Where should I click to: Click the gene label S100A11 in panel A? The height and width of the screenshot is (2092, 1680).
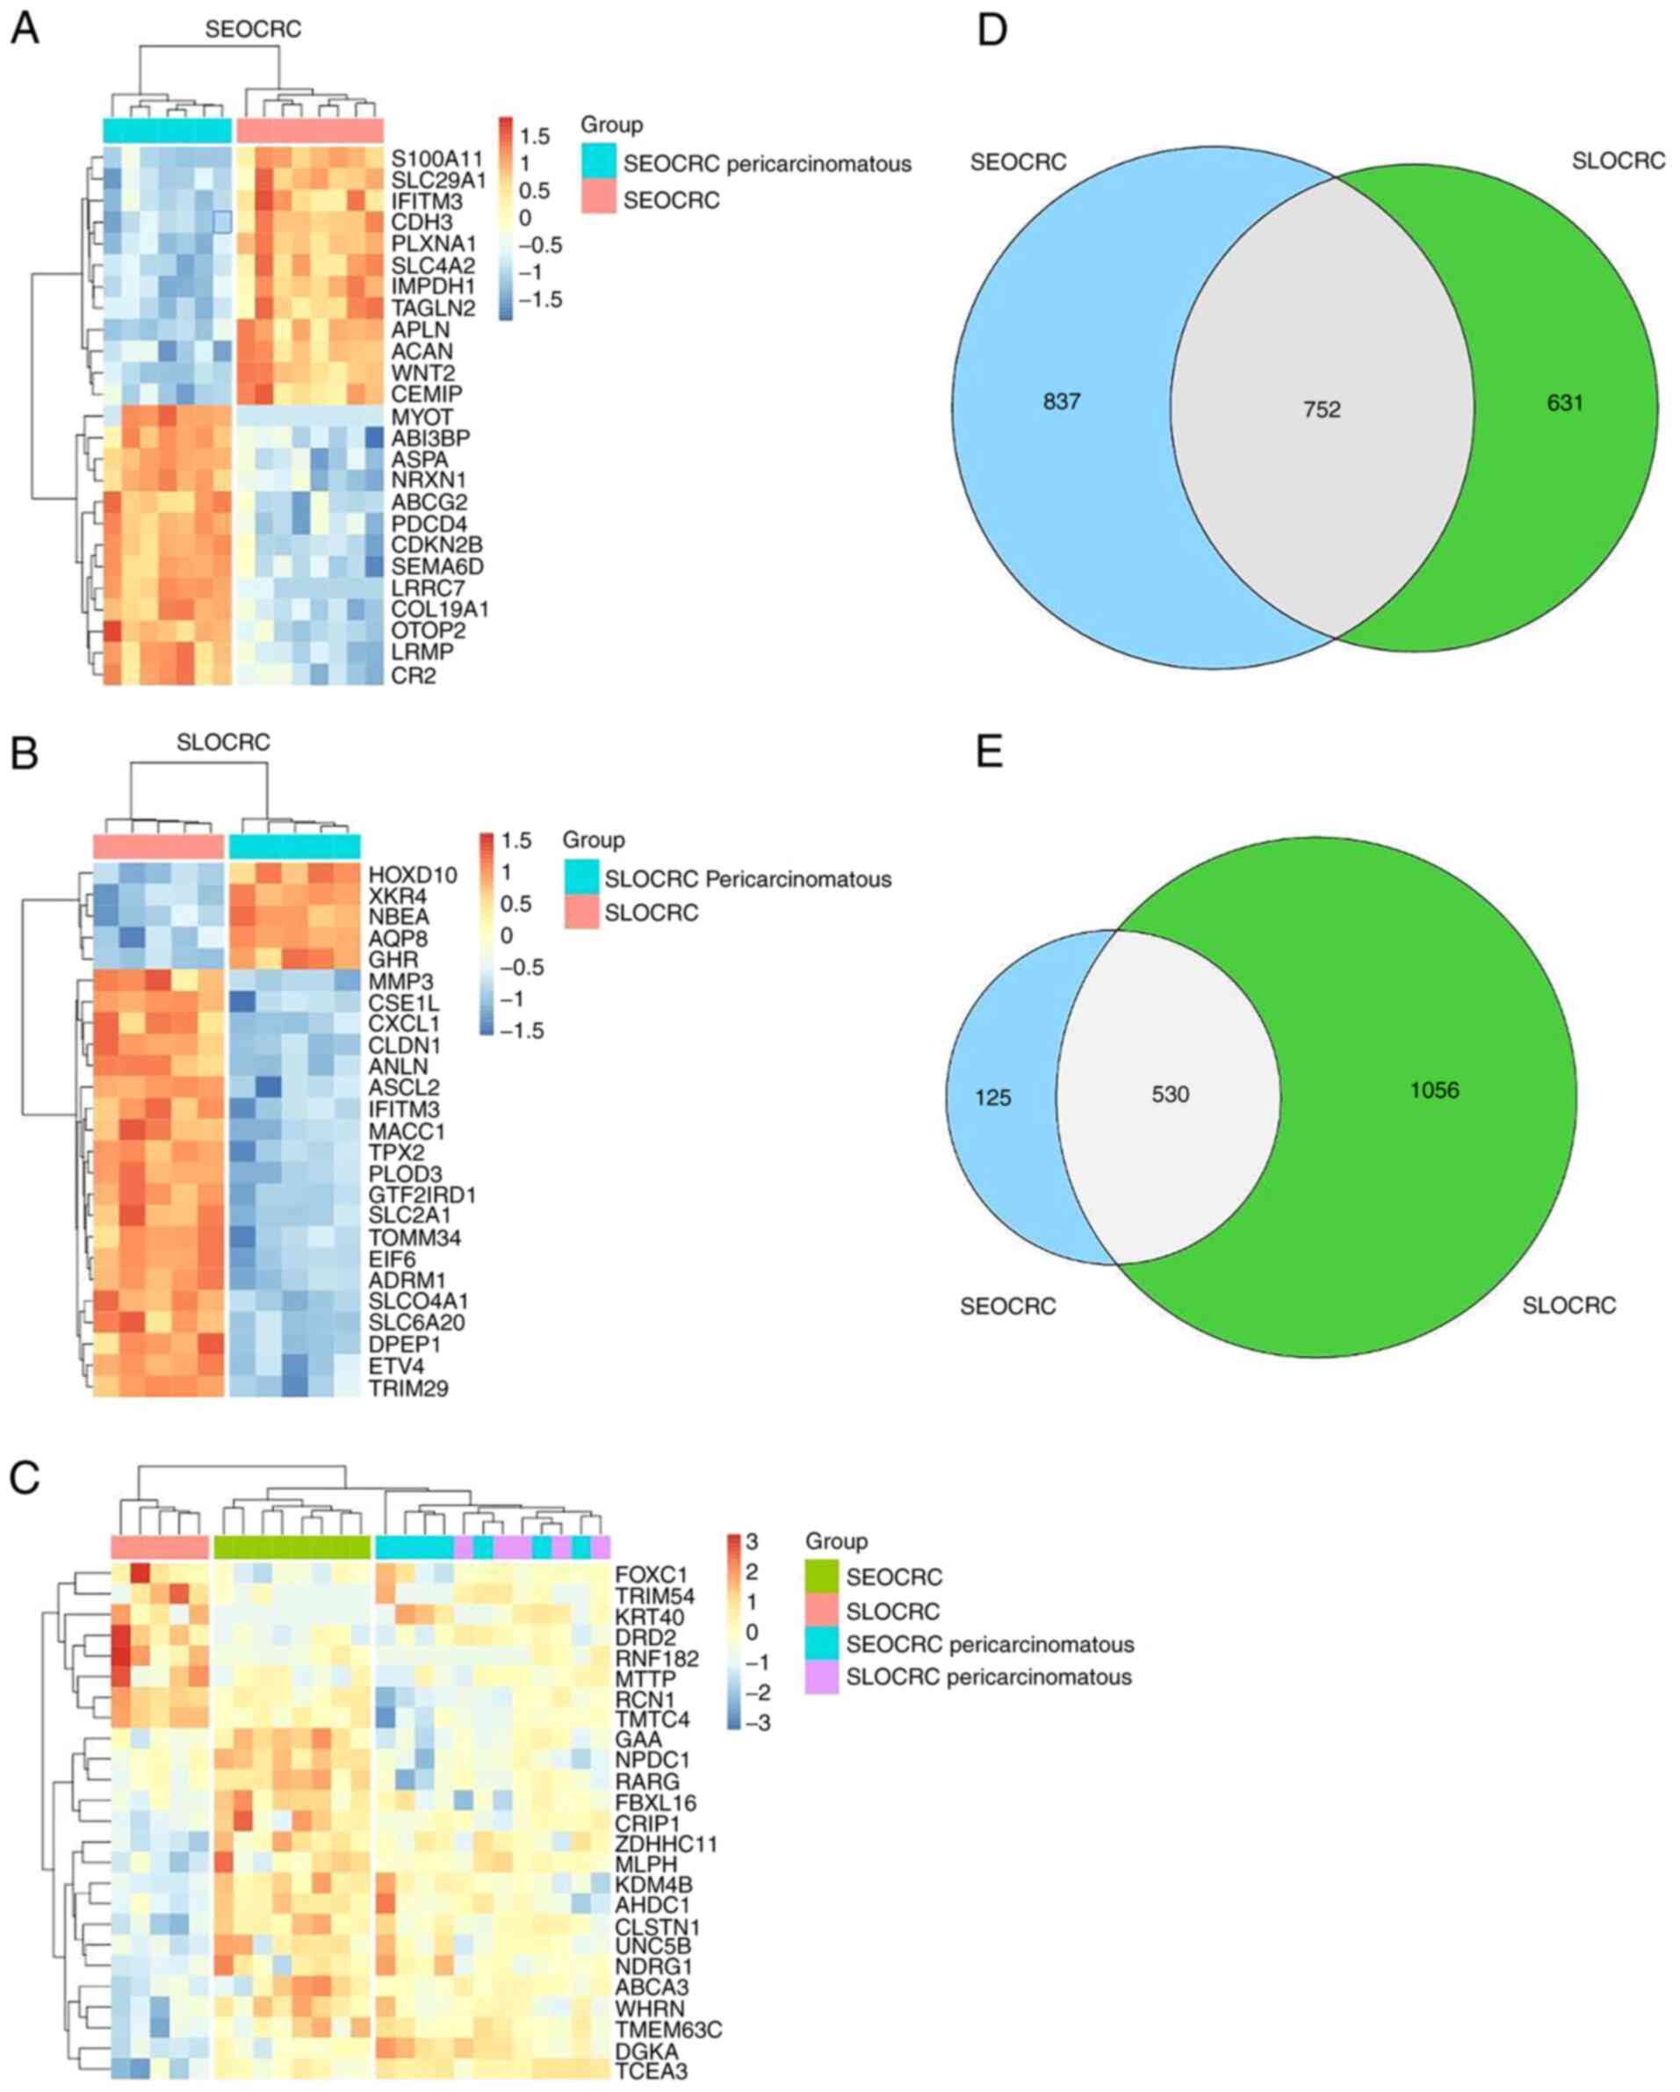pos(436,158)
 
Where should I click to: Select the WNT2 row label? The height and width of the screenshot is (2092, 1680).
pos(423,372)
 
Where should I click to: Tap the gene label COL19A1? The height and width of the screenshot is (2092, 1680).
pos(440,610)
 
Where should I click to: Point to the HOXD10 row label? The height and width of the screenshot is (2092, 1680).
pos(413,874)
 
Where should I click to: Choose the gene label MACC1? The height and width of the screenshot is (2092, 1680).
pos(407,1131)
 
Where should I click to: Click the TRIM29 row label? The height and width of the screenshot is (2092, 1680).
pos(407,1388)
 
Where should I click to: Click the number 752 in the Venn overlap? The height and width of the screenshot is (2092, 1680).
pos(1322,409)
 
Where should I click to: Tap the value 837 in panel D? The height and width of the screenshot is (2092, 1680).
pos(1062,401)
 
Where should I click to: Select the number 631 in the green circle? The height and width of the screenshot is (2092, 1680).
pos(1564,403)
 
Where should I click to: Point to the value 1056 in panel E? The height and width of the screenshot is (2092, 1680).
pos(1434,1091)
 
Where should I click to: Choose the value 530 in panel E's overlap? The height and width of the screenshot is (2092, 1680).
pos(1171,1094)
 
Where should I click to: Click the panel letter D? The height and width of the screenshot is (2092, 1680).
pos(991,31)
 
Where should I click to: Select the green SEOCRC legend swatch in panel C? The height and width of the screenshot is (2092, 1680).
pos(821,1576)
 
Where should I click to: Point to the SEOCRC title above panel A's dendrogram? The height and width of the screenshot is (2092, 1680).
pos(252,30)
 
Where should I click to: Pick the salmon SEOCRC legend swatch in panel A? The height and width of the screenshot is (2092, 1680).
pos(599,198)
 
